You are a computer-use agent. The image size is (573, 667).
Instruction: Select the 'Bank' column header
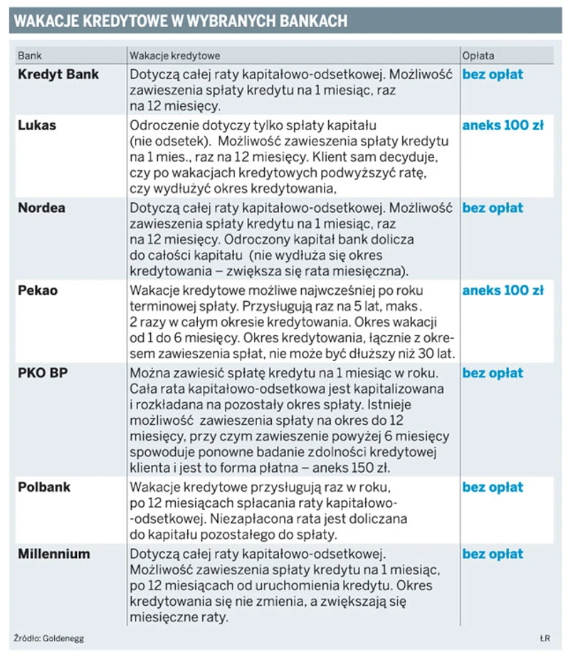29,56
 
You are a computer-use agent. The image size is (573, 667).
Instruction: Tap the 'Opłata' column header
478,56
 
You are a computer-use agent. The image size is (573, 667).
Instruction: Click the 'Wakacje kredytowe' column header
174,56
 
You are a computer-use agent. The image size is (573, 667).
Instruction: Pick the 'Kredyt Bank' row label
58,74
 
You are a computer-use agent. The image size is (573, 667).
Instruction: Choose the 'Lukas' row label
37,125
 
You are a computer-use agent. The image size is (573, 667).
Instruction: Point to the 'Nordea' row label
41,208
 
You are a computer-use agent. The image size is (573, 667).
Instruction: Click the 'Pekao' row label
38,290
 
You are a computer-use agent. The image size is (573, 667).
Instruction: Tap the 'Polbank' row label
44,488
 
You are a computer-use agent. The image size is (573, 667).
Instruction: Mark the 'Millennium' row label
54,554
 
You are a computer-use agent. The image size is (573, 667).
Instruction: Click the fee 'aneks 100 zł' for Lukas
503,125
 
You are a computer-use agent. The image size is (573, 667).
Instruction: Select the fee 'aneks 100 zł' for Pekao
503,290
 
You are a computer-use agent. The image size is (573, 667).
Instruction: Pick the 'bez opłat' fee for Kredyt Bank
493,74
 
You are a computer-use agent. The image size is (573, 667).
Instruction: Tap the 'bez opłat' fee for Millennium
493,554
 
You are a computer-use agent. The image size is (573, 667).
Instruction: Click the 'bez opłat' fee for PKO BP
493,373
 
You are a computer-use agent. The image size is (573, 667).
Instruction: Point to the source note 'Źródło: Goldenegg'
48,638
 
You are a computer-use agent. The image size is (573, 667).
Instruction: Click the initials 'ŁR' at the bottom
545,638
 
